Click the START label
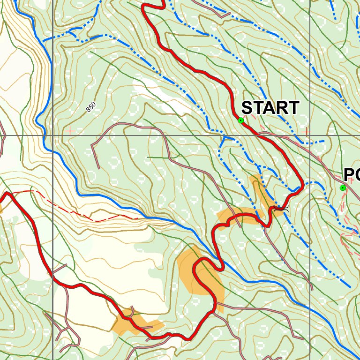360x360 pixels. click(x=270, y=108)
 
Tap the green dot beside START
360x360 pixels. click(x=241, y=120)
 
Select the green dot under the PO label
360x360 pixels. click(x=343, y=188)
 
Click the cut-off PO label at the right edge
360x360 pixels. click(x=352, y=175)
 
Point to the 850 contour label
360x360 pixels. click(x=91, y=107)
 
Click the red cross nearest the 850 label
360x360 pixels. click(x=70, y=131)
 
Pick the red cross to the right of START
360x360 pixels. click(x=306, y=132)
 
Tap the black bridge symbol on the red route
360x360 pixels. click(x=280, y=208)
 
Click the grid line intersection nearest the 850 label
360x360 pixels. click(x=53, y=135)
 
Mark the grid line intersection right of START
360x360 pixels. click(x=310, y=135)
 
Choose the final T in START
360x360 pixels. click(x=294, y=108)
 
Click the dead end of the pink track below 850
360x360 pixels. click(x=98, y=168)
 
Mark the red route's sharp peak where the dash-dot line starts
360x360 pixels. click(x=8, y=193)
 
